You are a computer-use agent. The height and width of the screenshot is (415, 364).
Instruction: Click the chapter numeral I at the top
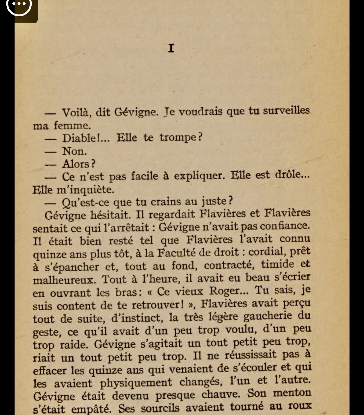[x=171, y=48]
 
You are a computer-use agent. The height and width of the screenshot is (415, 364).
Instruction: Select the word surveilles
[x=286, y=110]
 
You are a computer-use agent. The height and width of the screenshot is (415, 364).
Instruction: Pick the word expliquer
[x=199, y=176]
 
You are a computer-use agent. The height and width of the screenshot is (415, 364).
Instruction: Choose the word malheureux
[x=63, y=280]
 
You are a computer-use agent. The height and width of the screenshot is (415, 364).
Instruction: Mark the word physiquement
[x=136, y=383]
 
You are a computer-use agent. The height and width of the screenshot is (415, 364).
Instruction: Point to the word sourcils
[x=160, y=408]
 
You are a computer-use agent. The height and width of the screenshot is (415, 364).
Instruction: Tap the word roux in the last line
[x=300, y=405]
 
